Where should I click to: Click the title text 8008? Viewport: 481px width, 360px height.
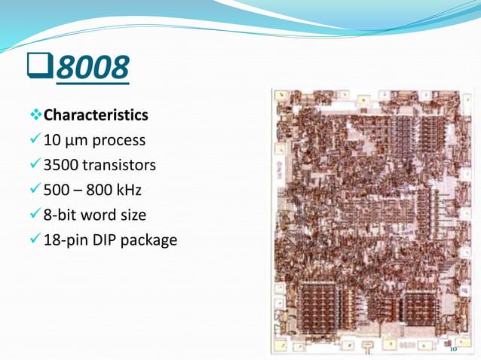(91, 69)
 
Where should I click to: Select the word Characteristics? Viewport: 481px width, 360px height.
(96, 116)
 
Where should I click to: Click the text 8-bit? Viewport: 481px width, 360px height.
(60, 215)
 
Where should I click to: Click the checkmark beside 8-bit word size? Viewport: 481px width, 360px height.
(35, 215)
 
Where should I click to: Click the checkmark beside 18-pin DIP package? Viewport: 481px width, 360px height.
(35, 240)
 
